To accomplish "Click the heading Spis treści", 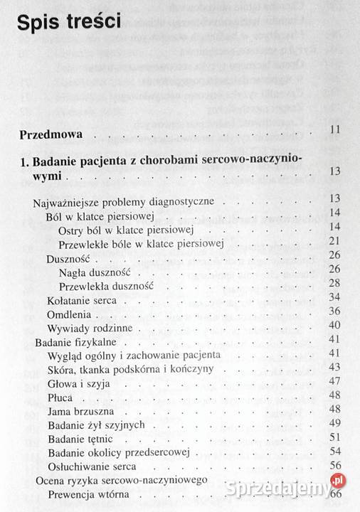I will point(68,25).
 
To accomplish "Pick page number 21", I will point(336,244).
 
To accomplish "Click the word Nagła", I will point(73,272).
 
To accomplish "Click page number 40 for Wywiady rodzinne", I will point(336,326).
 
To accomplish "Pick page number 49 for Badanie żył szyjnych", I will point(336,423).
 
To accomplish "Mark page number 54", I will point(336,451).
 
